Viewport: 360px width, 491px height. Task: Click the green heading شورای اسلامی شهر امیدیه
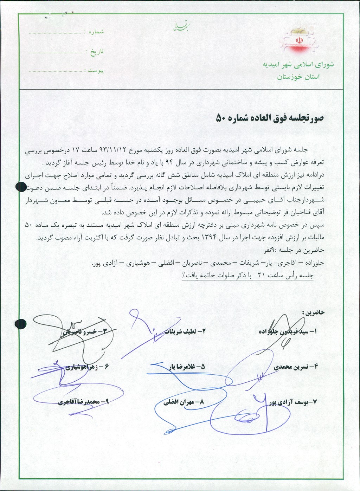coord(298,65)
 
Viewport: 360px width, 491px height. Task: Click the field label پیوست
coord(96,71)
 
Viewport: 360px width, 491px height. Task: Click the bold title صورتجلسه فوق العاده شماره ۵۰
coord(269,118)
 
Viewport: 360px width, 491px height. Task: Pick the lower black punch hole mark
coord(21,323)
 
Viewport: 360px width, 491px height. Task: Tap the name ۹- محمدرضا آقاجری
coord(83,402)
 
